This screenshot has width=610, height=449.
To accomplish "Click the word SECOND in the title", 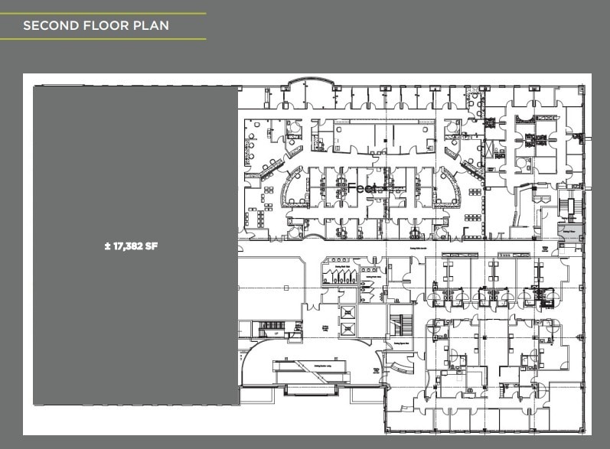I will [48, 26].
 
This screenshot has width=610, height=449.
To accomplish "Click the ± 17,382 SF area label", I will [135, 246].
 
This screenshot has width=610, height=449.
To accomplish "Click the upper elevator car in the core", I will [347, 312].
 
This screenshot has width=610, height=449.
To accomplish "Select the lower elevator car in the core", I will [347, 330].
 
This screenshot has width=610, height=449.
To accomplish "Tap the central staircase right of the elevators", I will [401, 324].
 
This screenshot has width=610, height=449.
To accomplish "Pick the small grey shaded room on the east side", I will [569, 233].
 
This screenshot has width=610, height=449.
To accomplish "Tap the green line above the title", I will [103, 14].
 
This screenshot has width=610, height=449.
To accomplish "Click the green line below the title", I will [103, 39].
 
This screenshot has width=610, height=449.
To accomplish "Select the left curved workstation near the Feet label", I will [294, 187].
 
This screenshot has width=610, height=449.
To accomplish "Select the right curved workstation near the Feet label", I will [447, 187].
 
